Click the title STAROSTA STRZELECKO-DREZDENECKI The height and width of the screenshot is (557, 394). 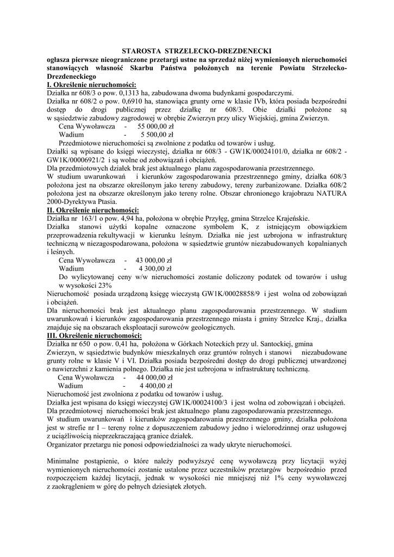pos(196,51)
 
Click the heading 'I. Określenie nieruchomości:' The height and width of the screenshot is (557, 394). pos(92,84)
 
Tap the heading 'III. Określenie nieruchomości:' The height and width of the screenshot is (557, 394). pos(95,336)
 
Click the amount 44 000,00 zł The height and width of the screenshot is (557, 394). pos(152,377)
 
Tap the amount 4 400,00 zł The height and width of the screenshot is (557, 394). pos(156,385)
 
